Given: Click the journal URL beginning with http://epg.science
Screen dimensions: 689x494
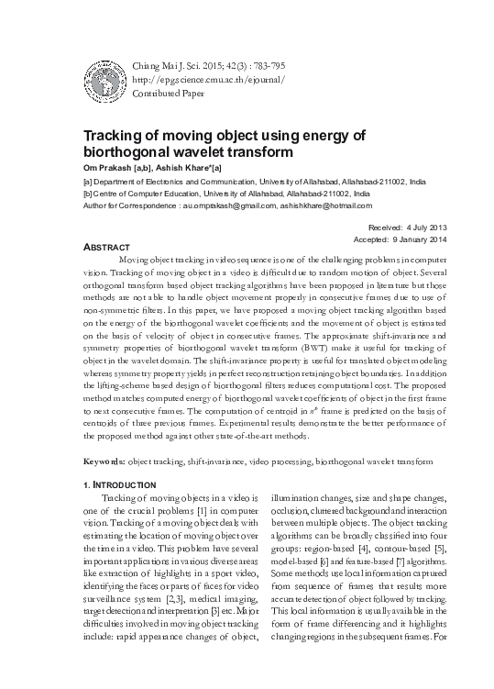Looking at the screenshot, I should point(209,79).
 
